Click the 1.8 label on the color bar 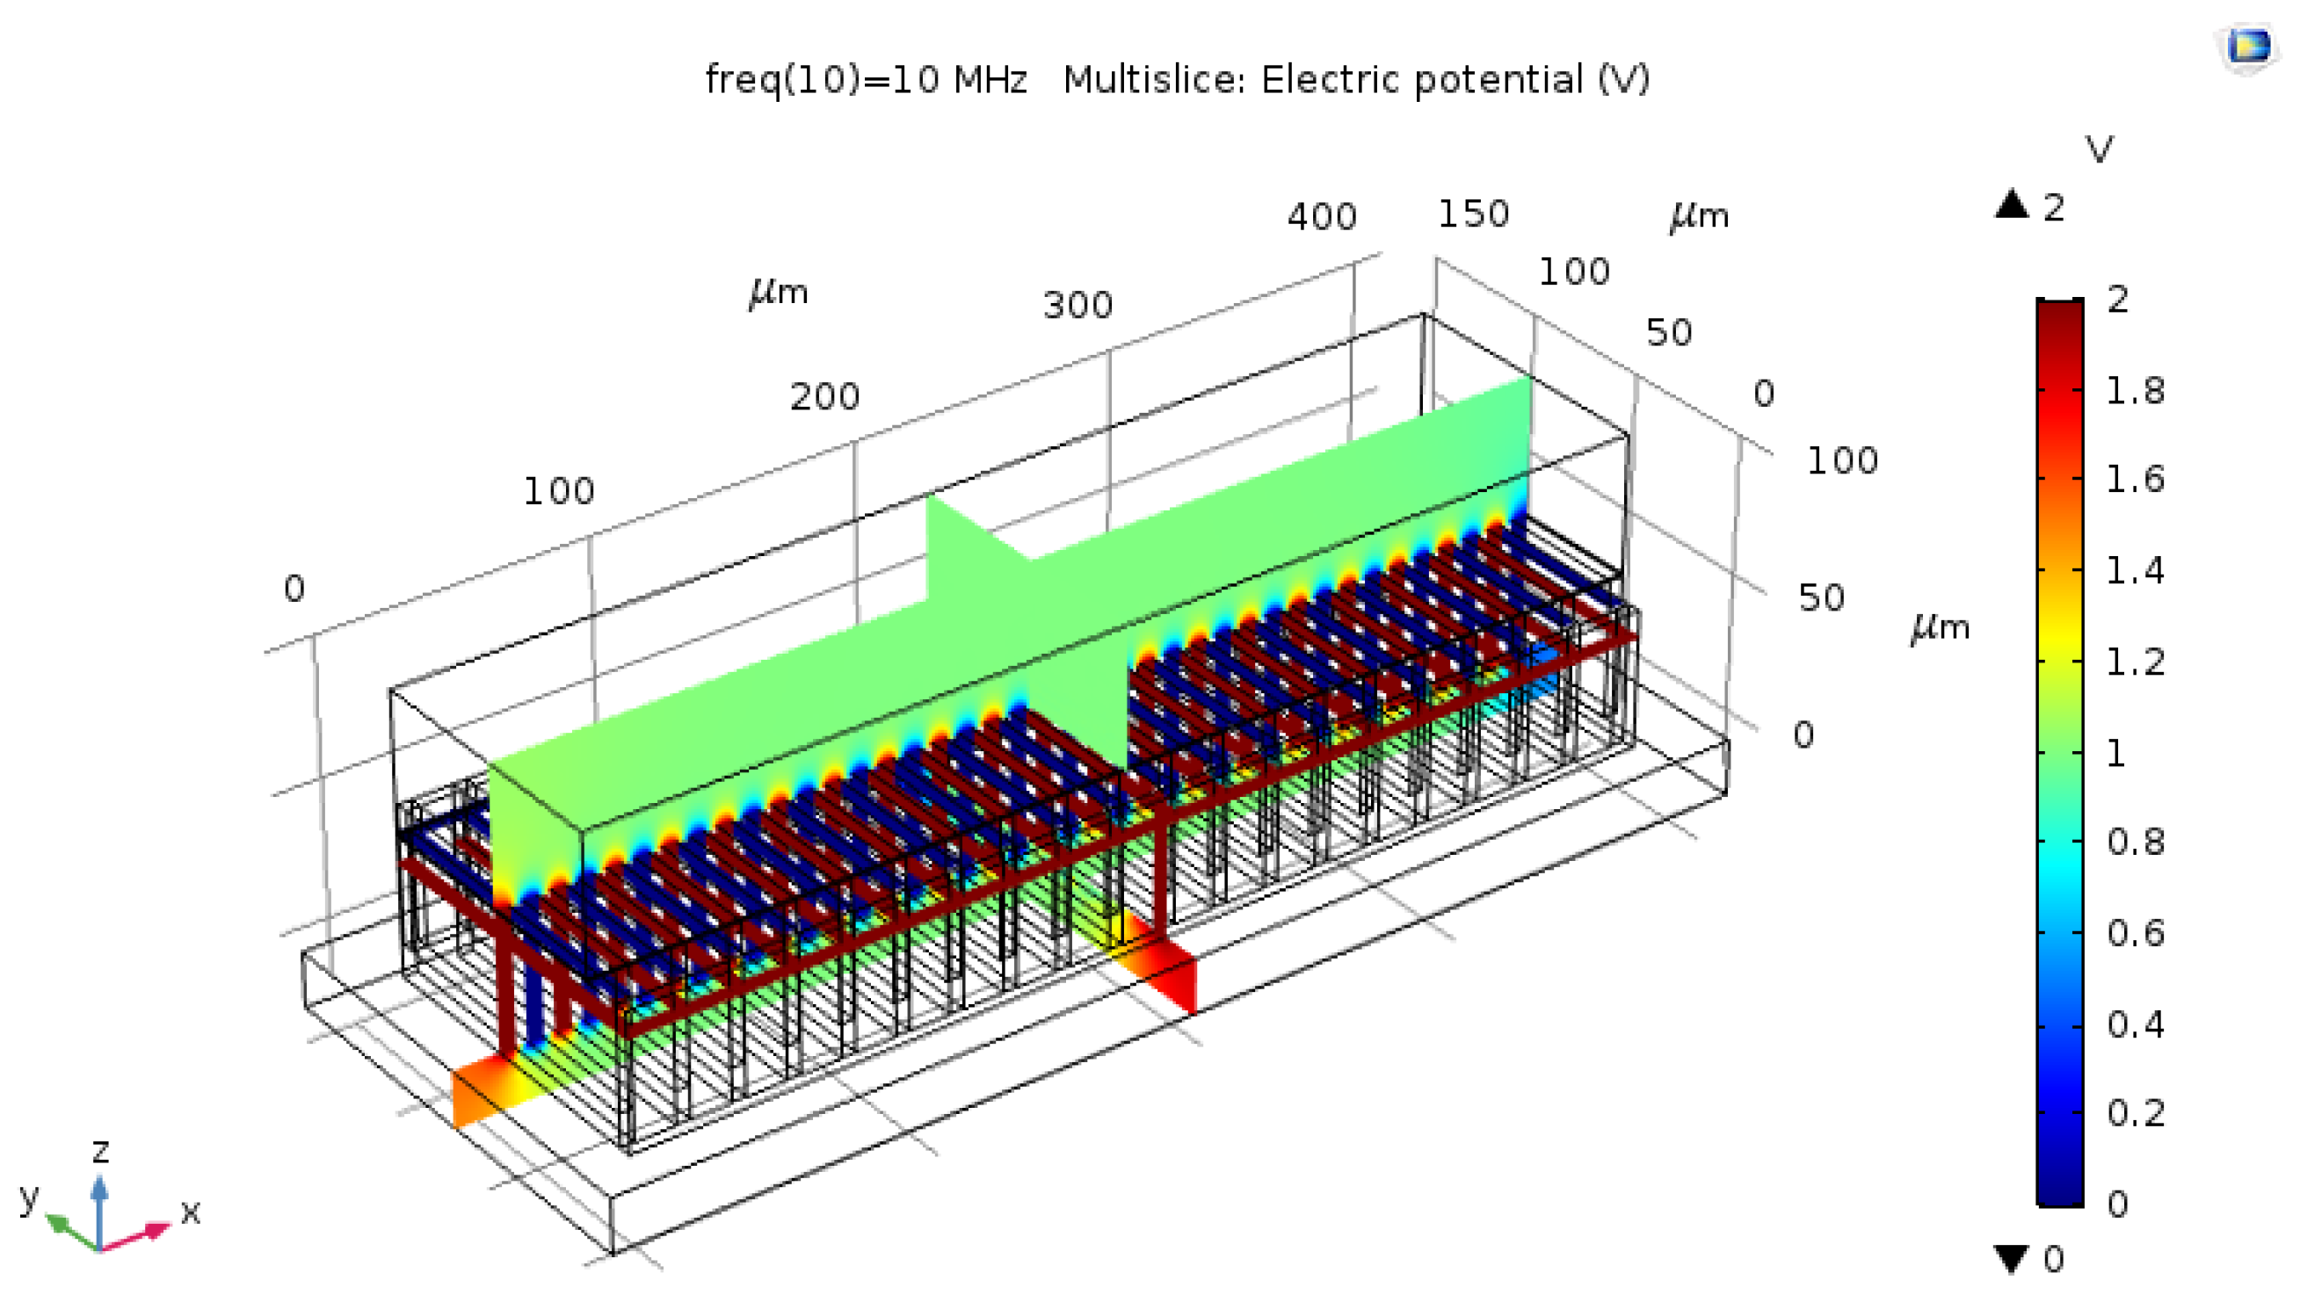pos(2135,391)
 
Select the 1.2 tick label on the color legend pos(2135,662)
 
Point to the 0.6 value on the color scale pos(2135,934)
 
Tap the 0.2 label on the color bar pos(2135,1114)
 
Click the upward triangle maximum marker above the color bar pos(2012,205)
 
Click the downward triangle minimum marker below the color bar pos(2012,1258)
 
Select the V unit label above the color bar pos(2099,150)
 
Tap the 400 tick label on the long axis pos(1322,217)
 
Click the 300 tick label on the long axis pos(1077,306)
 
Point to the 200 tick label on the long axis pos(825,397)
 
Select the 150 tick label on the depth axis pos(1473,214)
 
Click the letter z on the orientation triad pos(101,1151)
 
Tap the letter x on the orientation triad pos(190,1212)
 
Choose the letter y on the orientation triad pos(30,1196)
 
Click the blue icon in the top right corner pos(2247,47)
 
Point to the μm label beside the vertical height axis pos(1941,627)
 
